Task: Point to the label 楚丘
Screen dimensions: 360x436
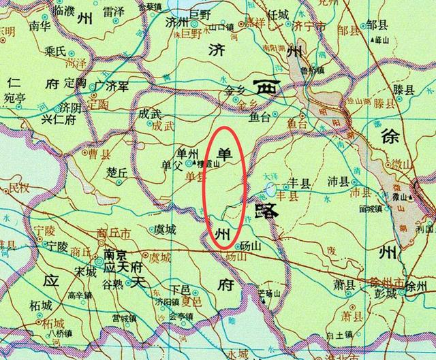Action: pos(117,173)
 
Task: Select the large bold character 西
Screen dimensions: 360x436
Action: pos(268,88)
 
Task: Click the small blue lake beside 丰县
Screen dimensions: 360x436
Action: pos(271,189)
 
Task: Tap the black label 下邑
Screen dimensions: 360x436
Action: pos(180,289)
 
